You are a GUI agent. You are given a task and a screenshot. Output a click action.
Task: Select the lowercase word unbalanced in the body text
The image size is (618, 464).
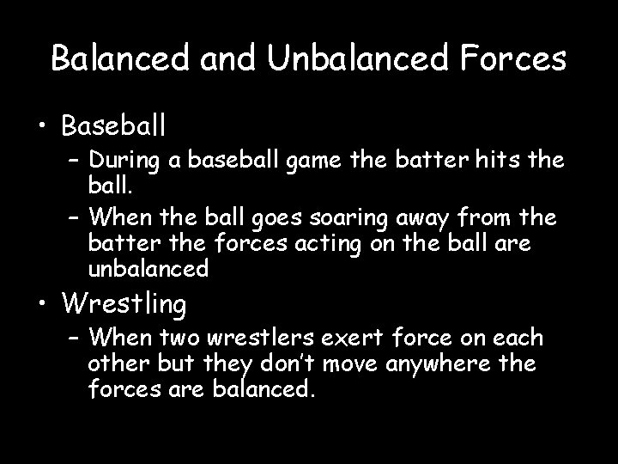(148, 269)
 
